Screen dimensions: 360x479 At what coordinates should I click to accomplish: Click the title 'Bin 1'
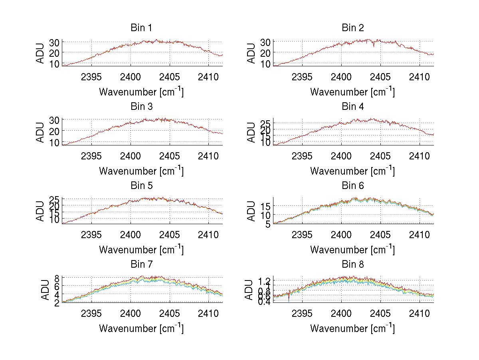141,28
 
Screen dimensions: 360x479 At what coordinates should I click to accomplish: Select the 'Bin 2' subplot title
353,28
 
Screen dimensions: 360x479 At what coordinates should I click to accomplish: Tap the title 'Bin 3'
141,106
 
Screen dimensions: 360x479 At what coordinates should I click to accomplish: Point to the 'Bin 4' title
353,106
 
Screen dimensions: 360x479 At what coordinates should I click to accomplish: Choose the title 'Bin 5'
141,185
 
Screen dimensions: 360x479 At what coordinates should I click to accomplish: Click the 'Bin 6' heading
353,185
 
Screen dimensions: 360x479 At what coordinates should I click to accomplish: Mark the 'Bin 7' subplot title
141,264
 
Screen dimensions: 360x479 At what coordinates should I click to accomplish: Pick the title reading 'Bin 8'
353,264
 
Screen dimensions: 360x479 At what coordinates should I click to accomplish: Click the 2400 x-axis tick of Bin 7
131,313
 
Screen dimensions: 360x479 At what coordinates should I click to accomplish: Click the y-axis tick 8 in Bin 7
57,277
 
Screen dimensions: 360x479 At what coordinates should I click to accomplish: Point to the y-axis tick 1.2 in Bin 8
265,280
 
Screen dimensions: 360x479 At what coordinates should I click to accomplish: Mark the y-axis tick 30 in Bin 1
54,42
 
